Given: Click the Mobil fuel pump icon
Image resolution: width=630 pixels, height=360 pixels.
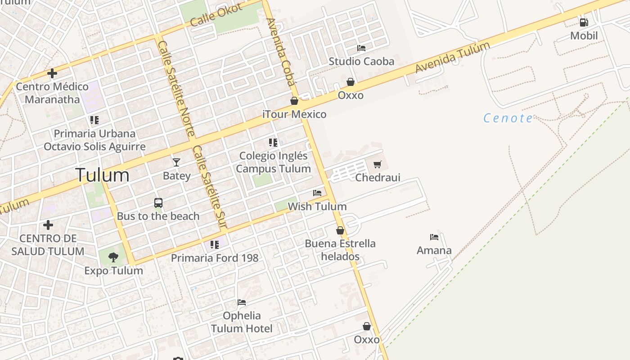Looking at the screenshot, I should point(584,22).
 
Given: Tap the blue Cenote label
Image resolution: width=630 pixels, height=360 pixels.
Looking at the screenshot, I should point(508,118).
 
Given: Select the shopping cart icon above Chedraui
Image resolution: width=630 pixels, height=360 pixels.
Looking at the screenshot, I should point(378,164).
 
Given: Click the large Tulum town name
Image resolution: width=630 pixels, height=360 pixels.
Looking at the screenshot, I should point(103,175).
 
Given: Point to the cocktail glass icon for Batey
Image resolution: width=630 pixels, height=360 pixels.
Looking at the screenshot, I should point(176,162).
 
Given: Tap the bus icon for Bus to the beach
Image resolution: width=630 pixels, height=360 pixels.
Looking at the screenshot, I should point(158,202).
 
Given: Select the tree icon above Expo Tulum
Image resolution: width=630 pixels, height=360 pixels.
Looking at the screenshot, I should point(113,257).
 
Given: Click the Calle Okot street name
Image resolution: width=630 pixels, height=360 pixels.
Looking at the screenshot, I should point(216,15).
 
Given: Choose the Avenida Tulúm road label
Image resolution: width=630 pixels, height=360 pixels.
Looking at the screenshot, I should point(452,58).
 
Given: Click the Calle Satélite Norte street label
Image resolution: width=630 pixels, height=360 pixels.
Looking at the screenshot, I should point(176,88).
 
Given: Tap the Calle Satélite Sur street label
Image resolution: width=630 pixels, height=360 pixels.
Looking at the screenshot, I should point(209,186).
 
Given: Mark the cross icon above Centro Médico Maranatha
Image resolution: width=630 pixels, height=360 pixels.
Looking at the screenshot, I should point(52,73).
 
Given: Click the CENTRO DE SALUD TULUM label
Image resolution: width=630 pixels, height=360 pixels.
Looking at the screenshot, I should point(48,245).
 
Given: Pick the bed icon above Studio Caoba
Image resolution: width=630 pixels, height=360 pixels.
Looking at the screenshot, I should point(361,48).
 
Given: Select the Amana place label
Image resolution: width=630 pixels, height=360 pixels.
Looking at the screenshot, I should point(434,250).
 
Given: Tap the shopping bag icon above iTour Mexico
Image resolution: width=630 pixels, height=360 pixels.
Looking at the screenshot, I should point(294,101).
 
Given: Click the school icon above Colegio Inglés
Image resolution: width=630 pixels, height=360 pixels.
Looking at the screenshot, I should point(273,143).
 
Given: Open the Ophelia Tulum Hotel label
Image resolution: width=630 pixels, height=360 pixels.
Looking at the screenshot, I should point(242,322).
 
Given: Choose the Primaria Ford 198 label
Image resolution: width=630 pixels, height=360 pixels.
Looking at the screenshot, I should point(215,258).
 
